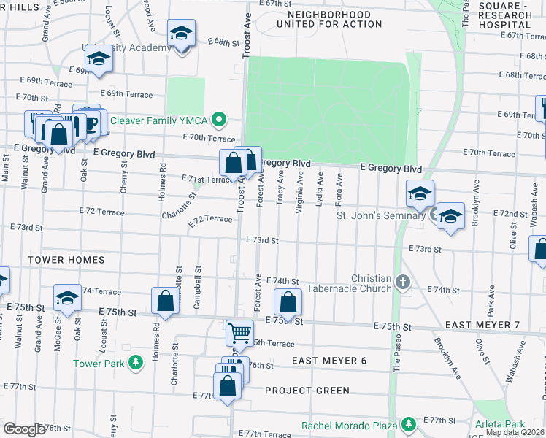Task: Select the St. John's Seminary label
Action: [x=380, y=215]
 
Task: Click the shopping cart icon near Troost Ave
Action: [x=239, y=333]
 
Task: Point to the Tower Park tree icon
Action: [x=134, y=363]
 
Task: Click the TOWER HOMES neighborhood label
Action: [x=66, y=259]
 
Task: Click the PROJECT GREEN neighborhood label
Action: [x=307, y=391]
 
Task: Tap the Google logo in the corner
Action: [x=23, y=429]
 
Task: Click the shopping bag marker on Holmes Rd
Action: [x=165, y=301]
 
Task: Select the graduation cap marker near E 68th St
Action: [x=180, y=34]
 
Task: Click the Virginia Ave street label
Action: [x=299, y=192]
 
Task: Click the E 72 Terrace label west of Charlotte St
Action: [x=101, y=212]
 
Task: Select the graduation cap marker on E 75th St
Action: [x=68, y=298]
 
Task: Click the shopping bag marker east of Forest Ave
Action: [x=288, y=302]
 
